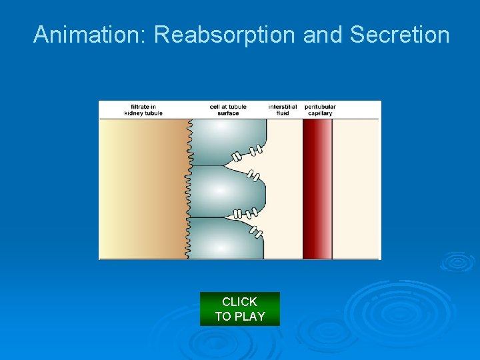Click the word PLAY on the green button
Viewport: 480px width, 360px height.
tap(251, 317)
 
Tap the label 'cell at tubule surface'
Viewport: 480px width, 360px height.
tap(224, 110)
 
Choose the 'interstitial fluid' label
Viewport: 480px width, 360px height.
tap(283, 110)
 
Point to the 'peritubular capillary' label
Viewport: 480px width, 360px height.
tap(320, 110)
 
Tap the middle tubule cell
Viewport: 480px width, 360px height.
tap(223, 191)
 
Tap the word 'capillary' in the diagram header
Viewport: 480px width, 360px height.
tap(320, 113)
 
